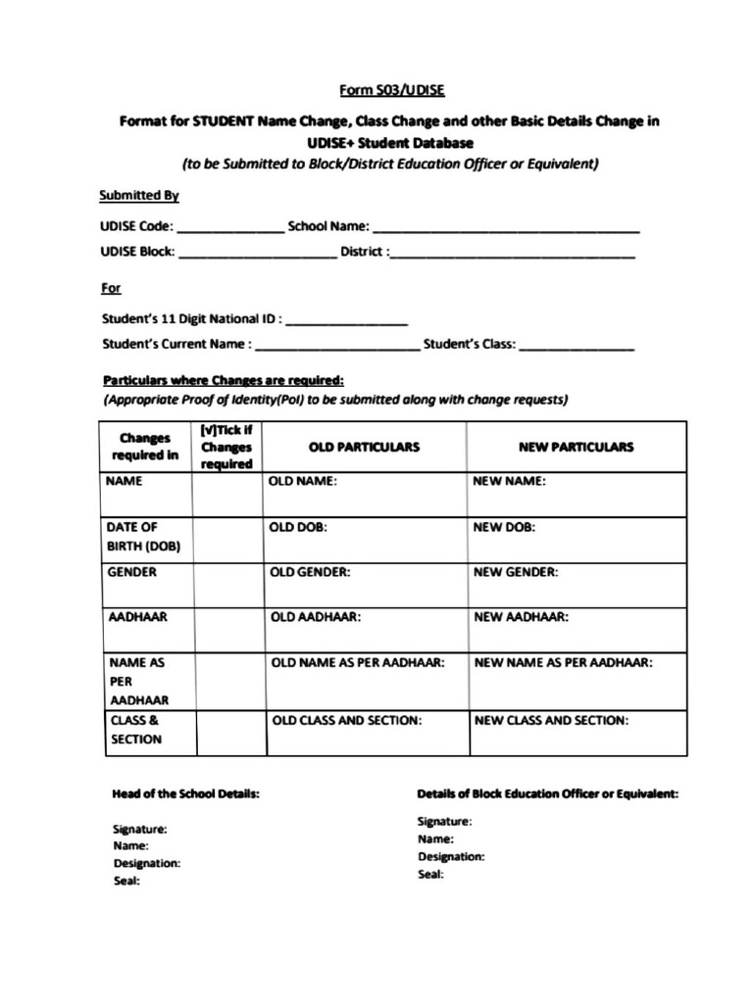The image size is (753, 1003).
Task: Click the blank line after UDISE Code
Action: coord(230,228)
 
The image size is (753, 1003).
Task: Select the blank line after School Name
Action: coord(506,228)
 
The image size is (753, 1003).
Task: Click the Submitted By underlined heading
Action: coord(139,196)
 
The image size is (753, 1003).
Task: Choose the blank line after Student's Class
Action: coord(577,347)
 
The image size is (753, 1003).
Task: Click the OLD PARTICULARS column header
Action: coord(364,447)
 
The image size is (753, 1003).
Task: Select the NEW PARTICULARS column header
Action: coord(576,447)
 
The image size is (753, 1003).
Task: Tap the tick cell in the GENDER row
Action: coord(227,584)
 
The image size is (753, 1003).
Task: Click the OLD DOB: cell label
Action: coord(298,527)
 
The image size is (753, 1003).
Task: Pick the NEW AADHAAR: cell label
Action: coord(521,617)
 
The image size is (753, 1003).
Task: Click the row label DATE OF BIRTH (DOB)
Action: coord(143,536)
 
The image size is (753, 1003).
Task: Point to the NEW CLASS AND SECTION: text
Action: coord(551,720)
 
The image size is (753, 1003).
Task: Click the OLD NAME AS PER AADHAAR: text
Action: coord(358,662)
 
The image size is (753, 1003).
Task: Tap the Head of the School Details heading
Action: coord(185,793)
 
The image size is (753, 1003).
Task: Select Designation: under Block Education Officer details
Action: coord(451,856)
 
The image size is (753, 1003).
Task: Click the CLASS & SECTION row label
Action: coord(136,730)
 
